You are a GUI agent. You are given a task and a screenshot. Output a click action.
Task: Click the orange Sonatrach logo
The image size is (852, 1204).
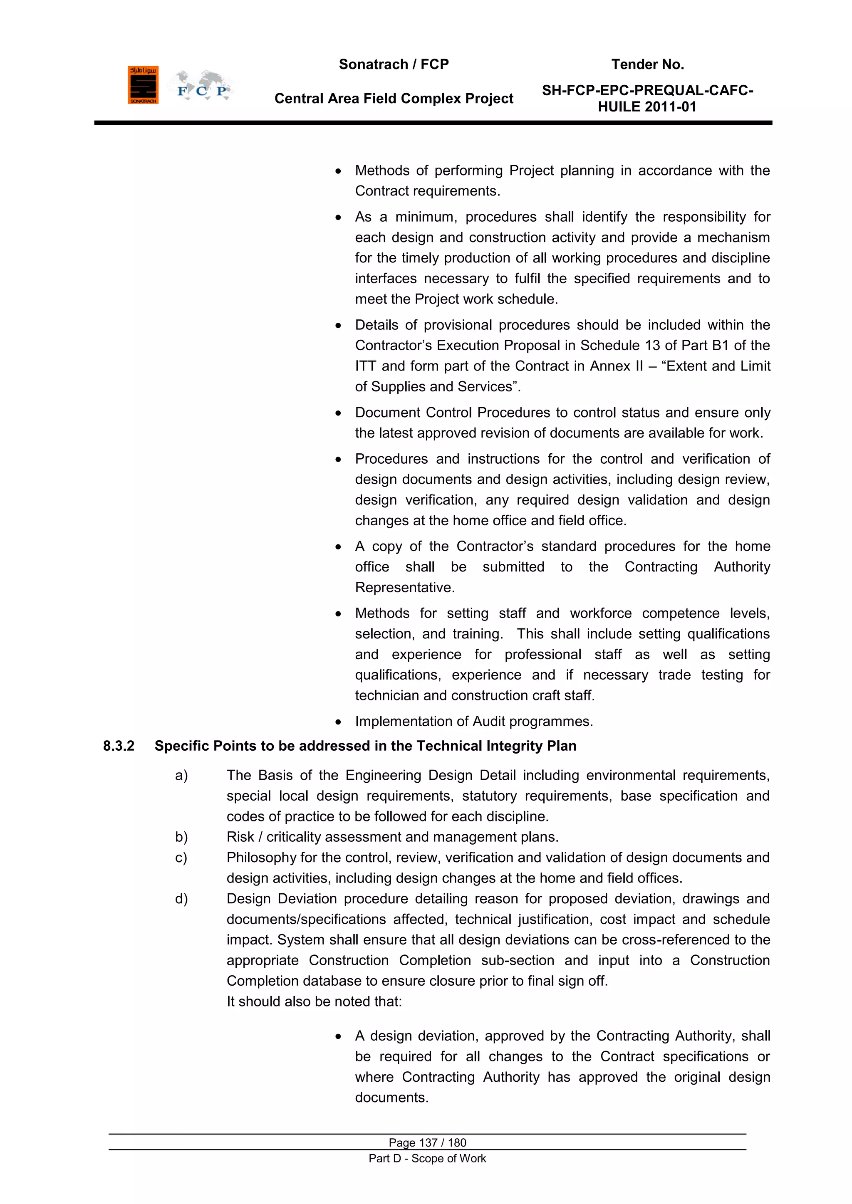click(x=143, y=85)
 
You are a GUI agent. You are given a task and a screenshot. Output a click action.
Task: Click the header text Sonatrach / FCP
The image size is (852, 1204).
click(x=394, y=64)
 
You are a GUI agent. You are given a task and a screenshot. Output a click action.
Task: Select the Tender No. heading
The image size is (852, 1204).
click(x=647, y=64)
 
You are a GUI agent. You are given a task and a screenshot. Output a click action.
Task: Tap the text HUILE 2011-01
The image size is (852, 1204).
click(x=647, y=107)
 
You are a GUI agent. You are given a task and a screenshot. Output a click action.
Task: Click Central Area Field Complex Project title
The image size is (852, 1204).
click(x=394, y=99)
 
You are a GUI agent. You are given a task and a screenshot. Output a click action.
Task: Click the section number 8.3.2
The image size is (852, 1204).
click(x=119, y=746)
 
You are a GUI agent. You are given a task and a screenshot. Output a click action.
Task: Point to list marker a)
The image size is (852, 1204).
click(x=181, y=775)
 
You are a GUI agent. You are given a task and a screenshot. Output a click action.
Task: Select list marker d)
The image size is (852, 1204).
click(x=181, y=898)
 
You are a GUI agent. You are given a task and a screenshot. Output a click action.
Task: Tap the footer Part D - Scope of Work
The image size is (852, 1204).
click(x=427, y=1158)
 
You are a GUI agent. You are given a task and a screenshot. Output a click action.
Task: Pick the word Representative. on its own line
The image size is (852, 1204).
click(x=404, y=587)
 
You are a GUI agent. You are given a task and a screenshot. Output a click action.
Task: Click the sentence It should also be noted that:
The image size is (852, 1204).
click(x=314, y=1001)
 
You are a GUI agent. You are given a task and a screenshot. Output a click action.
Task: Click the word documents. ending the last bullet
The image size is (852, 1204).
click(x=391, y=1097)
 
